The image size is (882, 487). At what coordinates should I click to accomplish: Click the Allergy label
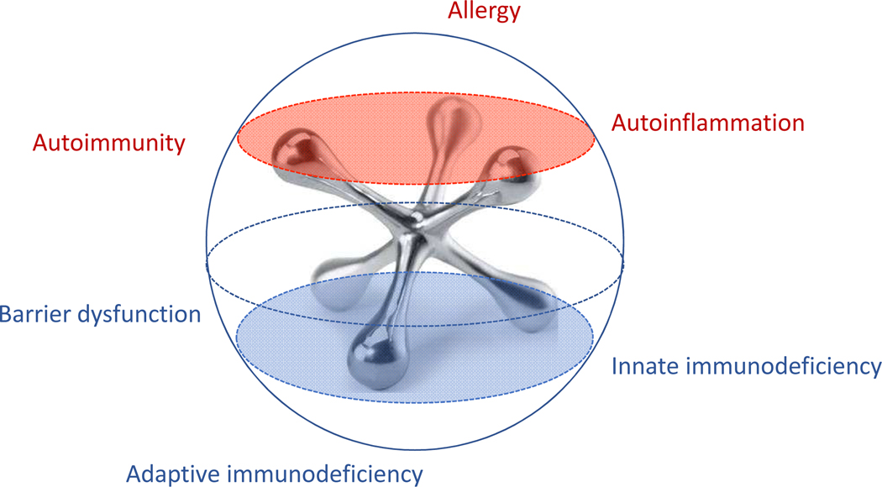(x=484, y=12)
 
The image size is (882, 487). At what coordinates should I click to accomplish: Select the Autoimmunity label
(x=108, y=143)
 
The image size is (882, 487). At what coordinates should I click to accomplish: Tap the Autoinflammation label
(x=707, y=123)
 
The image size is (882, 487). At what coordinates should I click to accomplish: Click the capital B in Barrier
(x=8, y=315)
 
